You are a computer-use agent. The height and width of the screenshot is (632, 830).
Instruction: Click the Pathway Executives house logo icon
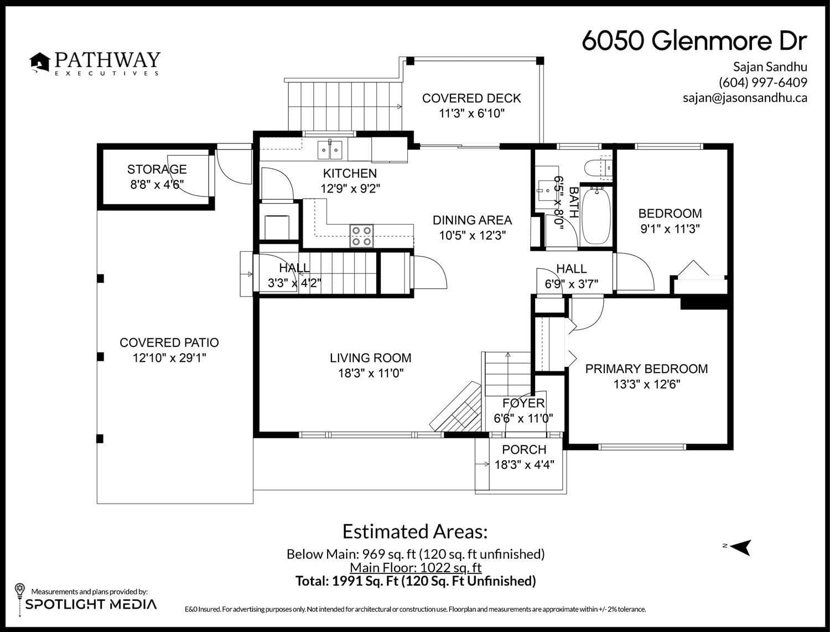[x=39, y=62]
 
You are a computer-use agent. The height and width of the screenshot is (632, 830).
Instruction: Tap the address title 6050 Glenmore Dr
[x=694, y=41]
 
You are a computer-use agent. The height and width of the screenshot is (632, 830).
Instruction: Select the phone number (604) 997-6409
[x=762, y=82]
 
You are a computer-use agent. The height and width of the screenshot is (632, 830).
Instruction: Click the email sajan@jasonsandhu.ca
[x=745, y=98]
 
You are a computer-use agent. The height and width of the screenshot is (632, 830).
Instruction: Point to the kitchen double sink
[x=330, y=149]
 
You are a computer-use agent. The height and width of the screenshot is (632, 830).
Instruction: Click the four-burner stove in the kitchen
[x=362, y=236]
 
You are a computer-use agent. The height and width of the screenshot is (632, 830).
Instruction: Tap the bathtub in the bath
[x=596, y=215]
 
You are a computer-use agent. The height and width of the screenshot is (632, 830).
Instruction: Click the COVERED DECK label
[x=471, y=99]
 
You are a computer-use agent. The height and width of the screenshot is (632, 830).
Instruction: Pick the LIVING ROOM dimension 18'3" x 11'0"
[x=371, y=374]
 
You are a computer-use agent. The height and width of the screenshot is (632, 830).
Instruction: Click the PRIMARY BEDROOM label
[x=646, y=369]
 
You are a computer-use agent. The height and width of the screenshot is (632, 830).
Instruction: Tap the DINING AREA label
[x=472, y=220]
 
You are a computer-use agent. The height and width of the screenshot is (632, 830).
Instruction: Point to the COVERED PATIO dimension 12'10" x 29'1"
[x=169, y=358]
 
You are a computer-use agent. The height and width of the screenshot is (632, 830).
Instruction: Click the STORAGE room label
[x=157, y=169]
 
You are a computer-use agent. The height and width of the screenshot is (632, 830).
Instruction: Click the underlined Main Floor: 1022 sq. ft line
[x=416, y=568]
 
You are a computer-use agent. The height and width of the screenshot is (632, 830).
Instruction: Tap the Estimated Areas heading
[x=415, y=532]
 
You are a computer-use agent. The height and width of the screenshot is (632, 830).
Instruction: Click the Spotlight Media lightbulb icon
[x=19, y=590]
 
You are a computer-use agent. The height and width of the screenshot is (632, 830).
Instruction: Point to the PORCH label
[x=524, y=450]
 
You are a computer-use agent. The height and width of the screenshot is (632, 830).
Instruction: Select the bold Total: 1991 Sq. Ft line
[x=416, y=581]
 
